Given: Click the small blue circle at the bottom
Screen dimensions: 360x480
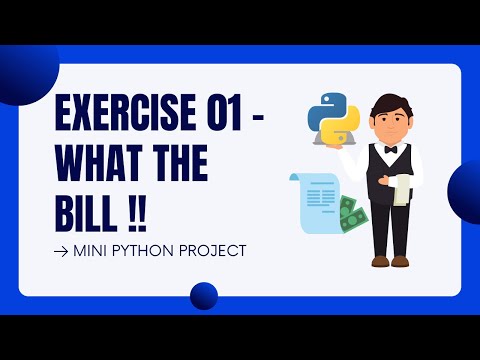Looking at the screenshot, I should click(x=204, y=295).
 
